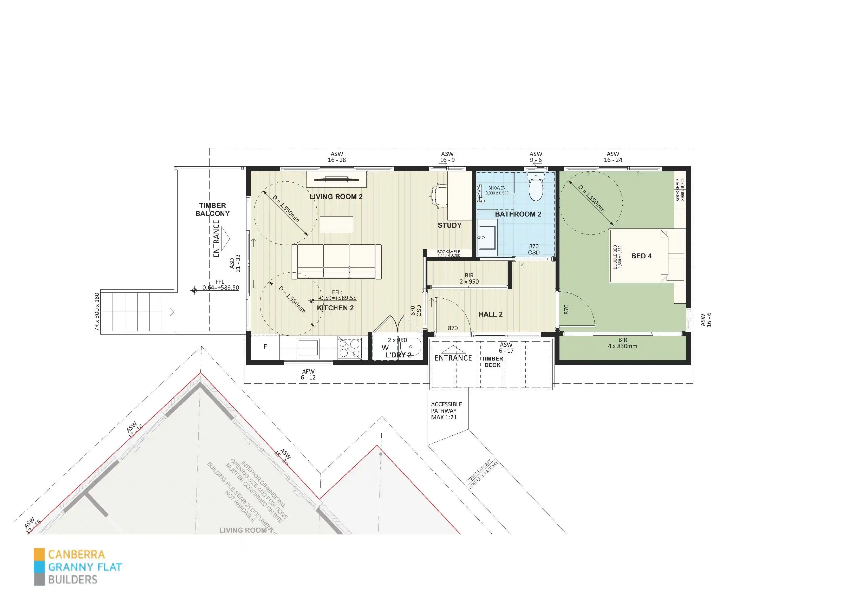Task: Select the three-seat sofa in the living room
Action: click(336, 261)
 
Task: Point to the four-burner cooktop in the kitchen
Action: click(349, 348)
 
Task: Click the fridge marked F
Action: click(265, 347)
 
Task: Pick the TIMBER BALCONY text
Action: click(212, 210)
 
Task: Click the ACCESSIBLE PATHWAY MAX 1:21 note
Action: click(446, 411)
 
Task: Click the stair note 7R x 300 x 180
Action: click(97, 312)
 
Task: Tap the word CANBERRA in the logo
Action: click(76, 554)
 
